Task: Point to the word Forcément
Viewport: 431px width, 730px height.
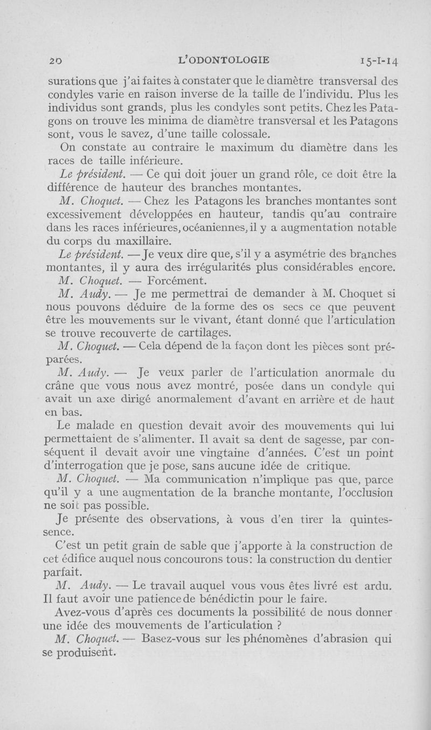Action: [176, 280]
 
